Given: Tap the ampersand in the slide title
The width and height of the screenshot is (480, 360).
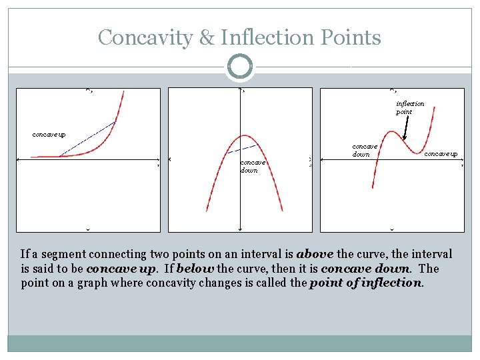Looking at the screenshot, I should point(205,37).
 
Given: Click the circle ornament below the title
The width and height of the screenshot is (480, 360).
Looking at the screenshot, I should point(240,67).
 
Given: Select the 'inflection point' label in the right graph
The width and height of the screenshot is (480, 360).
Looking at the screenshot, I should point(409,107).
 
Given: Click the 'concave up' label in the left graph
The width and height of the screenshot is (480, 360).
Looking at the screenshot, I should point(49,135).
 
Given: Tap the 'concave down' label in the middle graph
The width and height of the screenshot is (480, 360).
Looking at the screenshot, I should point(253,166).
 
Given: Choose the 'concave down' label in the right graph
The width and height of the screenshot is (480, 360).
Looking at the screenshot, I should point(365,150).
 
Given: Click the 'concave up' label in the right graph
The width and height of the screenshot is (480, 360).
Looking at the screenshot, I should point(441,154).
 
